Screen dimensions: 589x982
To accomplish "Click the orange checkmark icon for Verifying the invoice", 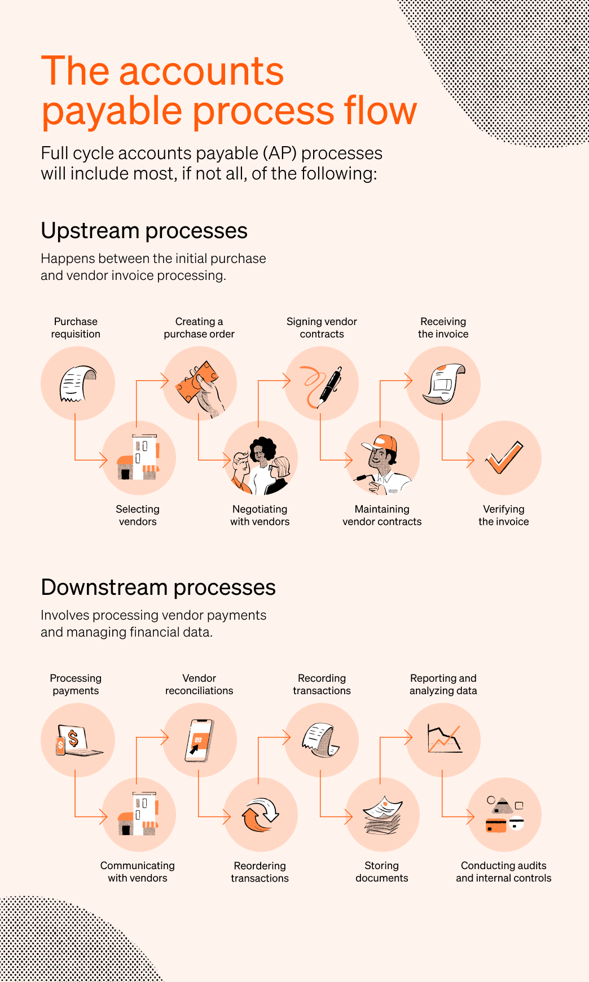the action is (x=504, y=457).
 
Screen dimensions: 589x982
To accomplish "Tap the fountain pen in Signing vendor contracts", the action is (x=331, y=387).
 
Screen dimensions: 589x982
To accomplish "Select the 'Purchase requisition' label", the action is (x=76, y=328).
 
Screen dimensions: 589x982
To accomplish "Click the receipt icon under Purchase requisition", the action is (x=78, y=383).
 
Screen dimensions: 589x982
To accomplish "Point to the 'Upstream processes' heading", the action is (x=144, y=231).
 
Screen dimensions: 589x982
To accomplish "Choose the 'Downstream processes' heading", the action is (x=158, y=588).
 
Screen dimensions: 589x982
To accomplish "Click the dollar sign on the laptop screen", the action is (x=73, y=738).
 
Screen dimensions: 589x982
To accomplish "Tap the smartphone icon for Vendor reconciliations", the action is (x=199, y=740).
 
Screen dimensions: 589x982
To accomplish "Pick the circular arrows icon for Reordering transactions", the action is (x=260, y=815).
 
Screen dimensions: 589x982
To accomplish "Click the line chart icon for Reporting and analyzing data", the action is (x=445, y=739).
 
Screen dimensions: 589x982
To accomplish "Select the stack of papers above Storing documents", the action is (x=383, y=815).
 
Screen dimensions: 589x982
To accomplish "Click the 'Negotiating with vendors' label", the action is (x=260, y=515).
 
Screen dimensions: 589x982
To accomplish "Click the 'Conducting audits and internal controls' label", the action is (x=504, y=872).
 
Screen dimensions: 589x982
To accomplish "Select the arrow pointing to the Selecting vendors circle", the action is (x=90, y=440).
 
